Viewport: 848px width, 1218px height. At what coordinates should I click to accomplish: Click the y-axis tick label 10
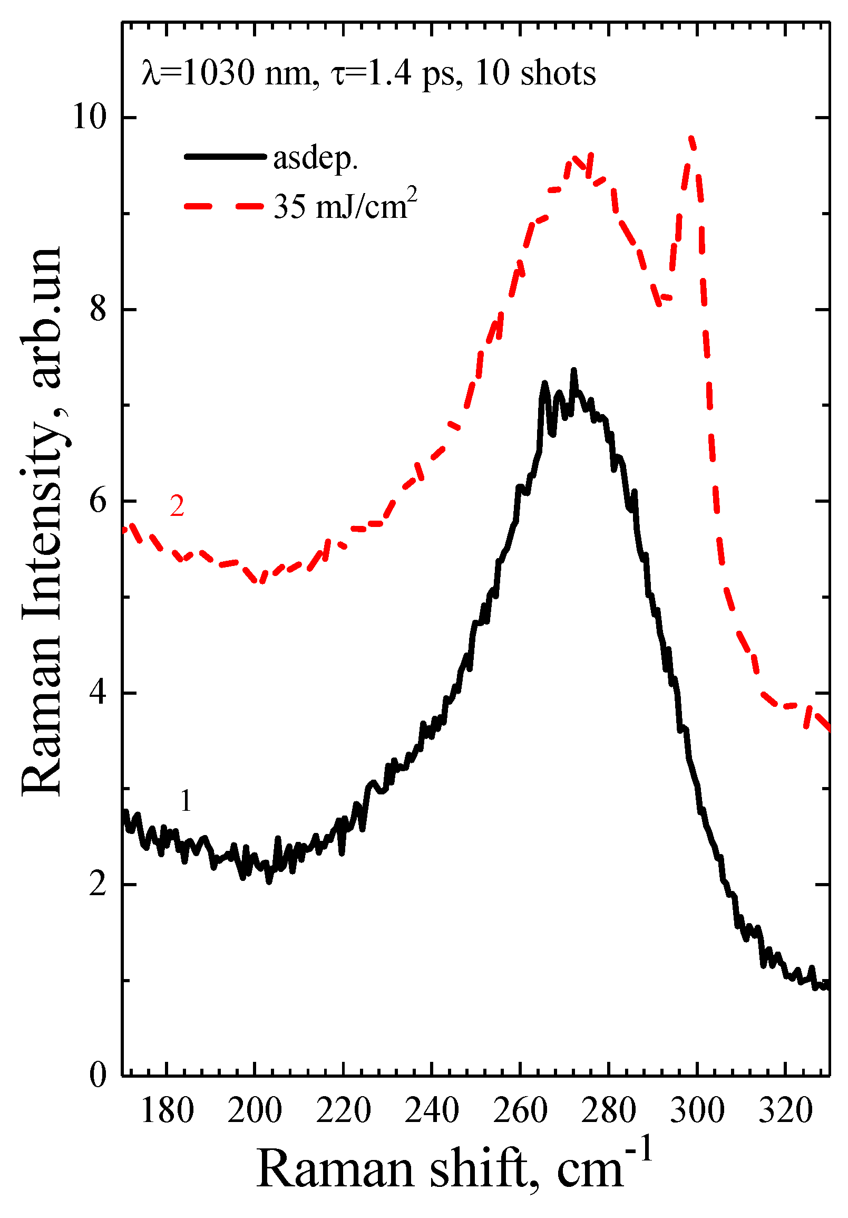(x=89, y=117)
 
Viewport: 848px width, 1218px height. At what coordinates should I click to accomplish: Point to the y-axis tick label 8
(x=99, y=309)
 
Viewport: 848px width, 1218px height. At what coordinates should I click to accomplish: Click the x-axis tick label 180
(x=167, y=1110)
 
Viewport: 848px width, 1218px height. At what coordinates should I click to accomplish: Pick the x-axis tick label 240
(x=432, y=1110)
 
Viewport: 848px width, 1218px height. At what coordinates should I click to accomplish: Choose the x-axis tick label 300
(x=697, y=1110)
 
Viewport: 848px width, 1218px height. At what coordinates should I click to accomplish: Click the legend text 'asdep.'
(x=315, y=158)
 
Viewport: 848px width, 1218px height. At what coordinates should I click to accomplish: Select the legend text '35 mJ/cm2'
(x=345, y=205)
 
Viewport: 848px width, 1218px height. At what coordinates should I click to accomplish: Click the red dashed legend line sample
(x=225, y=206)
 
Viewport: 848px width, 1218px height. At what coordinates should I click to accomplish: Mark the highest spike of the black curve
(x=573, y=371)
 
